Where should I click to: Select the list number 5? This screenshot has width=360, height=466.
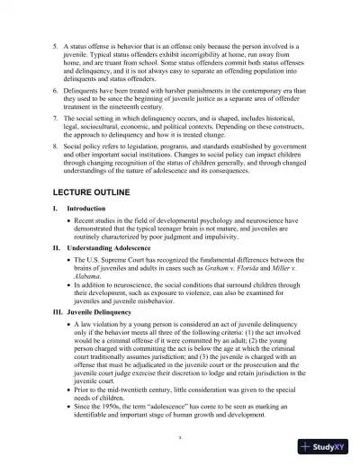coord(56,43)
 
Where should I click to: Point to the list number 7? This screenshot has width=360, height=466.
coord(56,118)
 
